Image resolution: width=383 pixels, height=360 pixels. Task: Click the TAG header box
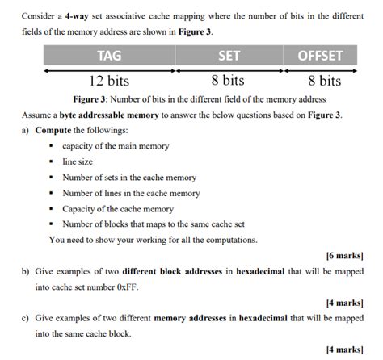tap(109, 56)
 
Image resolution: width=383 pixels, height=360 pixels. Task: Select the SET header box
tap(228, 56)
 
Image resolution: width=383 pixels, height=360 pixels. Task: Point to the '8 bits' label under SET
tap(227, 81)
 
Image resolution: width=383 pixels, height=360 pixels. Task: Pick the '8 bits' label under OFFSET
tap(324, 81)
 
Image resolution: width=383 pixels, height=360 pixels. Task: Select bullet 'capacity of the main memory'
tap(110, 146)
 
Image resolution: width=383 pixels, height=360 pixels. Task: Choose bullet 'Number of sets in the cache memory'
tap(128, 177)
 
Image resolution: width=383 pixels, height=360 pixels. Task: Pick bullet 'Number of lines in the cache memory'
tap(130, 193)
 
